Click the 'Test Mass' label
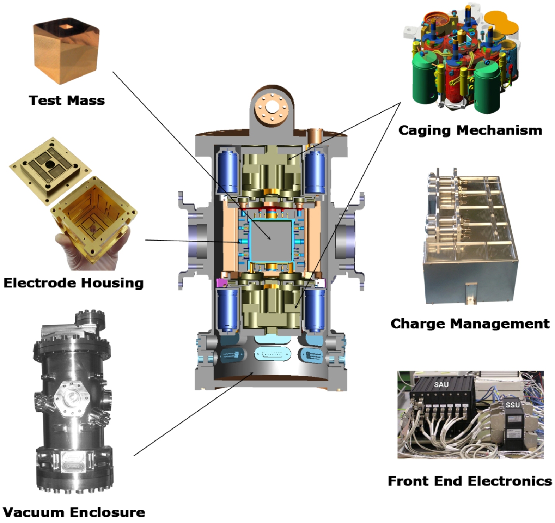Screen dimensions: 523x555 tap(67, 100)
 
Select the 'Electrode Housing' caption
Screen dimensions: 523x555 tap(73, 283)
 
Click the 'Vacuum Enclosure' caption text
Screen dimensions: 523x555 tap(74, 512)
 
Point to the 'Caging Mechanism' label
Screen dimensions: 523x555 tap(470, 130)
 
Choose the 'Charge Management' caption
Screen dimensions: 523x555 tap(470, 324)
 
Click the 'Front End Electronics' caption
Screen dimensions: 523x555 tap(470, 481)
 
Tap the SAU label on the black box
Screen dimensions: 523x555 tap(441, 385)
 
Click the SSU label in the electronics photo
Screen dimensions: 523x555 tap(512, 405)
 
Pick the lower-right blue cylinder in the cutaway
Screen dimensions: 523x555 tap(315, 310)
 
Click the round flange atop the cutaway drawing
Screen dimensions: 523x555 tap(271, 107)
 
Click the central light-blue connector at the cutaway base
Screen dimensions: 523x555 tap(272, 355)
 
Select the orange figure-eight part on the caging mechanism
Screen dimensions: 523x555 tap(501, 23)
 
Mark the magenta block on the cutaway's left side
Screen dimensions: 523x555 tap(221, 283)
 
